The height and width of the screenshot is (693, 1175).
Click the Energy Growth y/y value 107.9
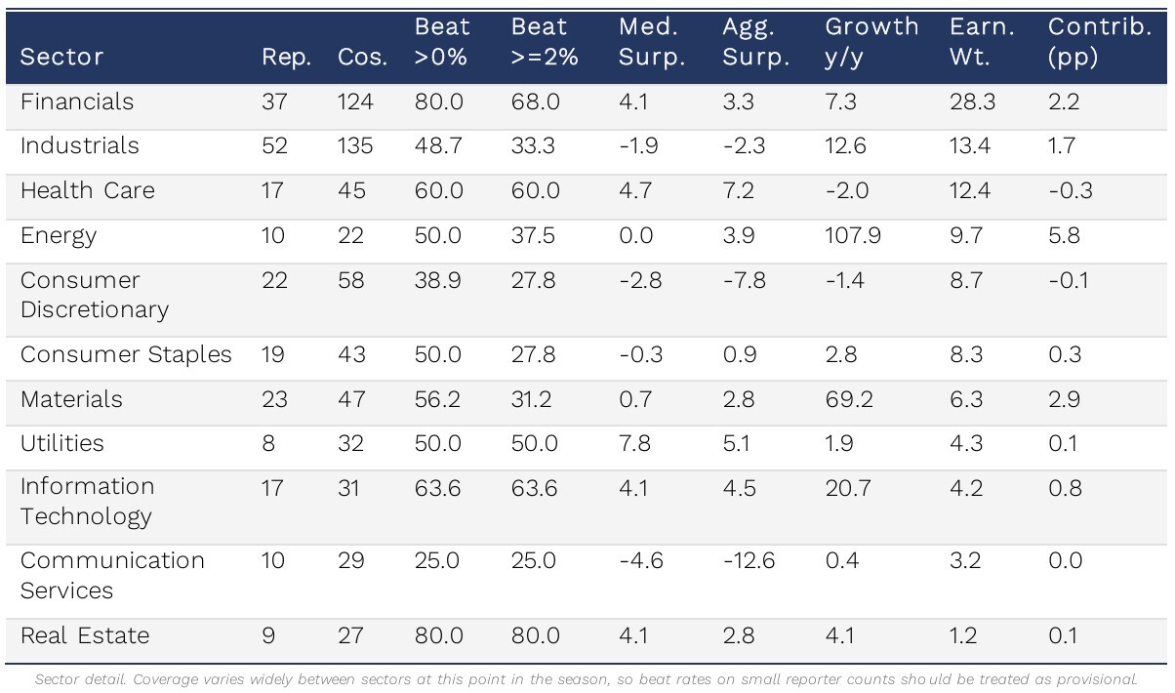point(852,235)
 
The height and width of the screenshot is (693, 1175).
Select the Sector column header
point(61,57)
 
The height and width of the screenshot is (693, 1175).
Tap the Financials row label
point(77,102)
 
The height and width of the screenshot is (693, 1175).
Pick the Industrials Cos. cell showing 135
point(355,145)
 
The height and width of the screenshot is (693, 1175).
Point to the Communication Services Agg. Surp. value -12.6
point(749,561)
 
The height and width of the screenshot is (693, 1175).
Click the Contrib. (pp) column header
point(1100,42)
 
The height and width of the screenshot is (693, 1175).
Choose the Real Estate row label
point(85,635)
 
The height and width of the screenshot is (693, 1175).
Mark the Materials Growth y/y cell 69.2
point(849,400)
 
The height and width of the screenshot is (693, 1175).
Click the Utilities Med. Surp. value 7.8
point(634,444)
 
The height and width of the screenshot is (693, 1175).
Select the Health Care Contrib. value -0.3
point(1071,191)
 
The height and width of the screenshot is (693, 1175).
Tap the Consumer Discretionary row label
point(95,295)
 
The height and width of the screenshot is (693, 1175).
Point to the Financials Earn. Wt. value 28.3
point(972,102)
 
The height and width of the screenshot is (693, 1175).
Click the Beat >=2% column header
point(545,42)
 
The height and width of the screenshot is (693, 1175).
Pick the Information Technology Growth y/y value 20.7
point(848,489)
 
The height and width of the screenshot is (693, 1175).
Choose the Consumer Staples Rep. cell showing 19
point(273,355)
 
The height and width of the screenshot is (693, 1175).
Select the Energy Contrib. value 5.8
point(1064,235)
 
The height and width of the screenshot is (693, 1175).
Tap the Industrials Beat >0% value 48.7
point(438,145)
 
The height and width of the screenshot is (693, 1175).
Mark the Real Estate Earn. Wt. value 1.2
point(963,636)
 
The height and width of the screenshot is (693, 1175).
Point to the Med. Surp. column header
point(652,42)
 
